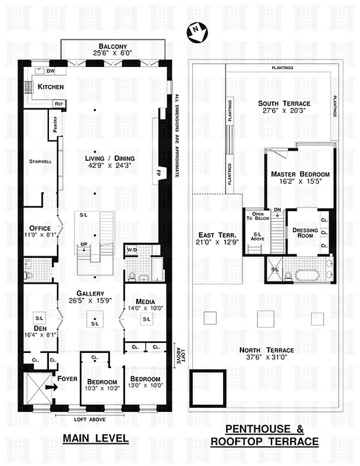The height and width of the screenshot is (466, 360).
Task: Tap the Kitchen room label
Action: [51, 87]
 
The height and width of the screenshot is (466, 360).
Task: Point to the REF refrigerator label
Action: [59, 103]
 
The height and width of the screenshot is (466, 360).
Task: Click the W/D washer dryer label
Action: [132, 251]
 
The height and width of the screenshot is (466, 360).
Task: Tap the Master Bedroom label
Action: [300, 174]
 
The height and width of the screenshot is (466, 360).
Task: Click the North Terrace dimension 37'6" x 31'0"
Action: [267, 358]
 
